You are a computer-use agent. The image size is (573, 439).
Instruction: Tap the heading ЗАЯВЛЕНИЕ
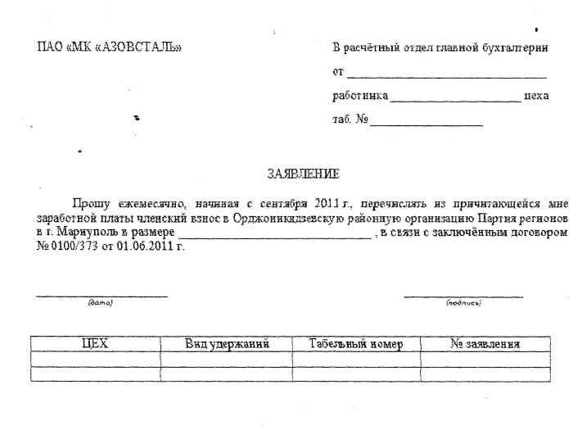click(303, 174)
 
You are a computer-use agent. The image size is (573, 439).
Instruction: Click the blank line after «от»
click(434, 75)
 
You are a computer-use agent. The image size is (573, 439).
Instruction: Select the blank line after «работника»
click(456, 99)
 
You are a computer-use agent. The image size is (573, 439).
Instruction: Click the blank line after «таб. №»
click(426, 124)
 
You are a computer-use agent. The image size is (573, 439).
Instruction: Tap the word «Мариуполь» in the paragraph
click(82, 233)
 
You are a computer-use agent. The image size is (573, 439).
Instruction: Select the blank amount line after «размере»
click(278, 237)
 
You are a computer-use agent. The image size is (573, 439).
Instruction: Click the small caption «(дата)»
click(100, 303)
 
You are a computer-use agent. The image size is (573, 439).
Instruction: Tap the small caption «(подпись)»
click(463, 303)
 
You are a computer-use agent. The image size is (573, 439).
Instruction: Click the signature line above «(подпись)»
click(463, 296)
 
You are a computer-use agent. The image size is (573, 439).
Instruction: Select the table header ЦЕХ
click(96, 344)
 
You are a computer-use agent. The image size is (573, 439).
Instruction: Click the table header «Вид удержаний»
click(227, 344)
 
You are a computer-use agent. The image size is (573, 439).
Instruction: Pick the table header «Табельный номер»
click(356, 344)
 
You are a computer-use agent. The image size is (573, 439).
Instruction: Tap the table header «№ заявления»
click(485, 344)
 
